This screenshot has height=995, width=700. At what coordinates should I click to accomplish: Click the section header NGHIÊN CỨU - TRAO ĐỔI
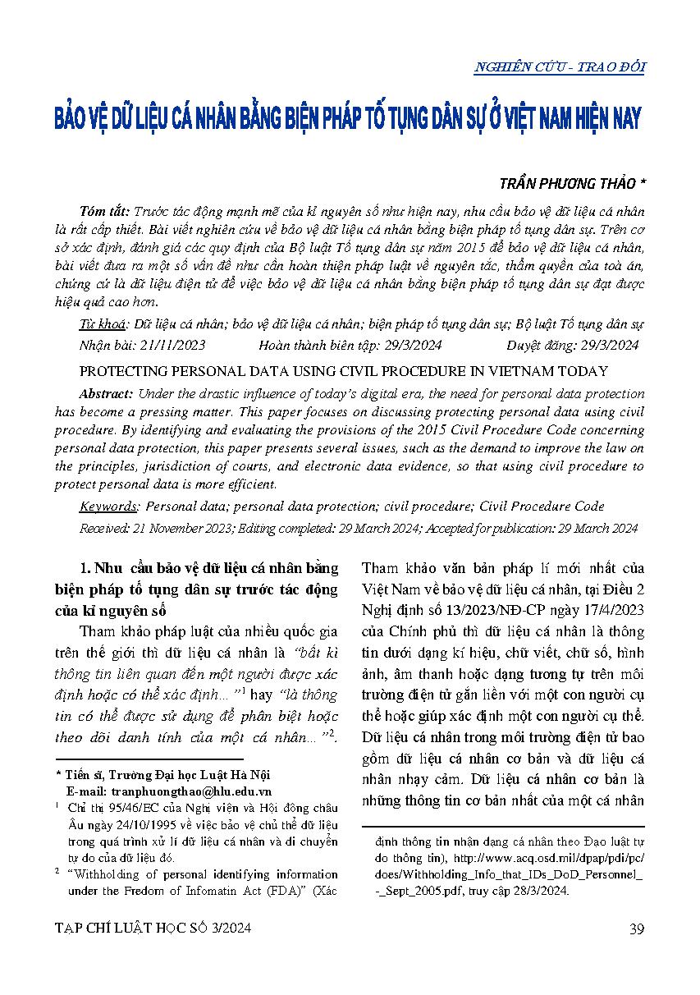[x=559, y=67]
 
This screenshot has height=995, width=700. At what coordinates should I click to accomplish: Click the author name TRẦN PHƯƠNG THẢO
[x=560, y=186]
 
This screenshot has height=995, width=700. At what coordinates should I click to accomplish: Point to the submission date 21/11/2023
[x=172, y=345]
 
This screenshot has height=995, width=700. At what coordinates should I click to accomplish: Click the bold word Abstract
[x=108, y=394]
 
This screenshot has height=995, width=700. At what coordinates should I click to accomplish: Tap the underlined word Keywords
[x=109, y=507]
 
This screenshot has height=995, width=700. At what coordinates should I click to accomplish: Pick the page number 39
[x=636, y=929]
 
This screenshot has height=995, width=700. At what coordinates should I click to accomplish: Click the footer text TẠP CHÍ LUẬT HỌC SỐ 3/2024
[x=153, y=929]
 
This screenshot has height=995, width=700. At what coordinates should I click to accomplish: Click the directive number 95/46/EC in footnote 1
[x=135, y=809]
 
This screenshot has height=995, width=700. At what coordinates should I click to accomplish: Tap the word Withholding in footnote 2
[x=111, y=874]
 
